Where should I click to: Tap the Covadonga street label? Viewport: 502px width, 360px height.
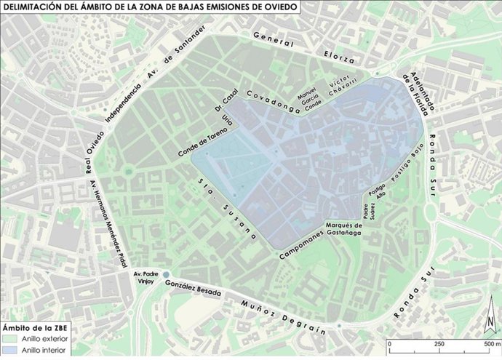click(274, 103)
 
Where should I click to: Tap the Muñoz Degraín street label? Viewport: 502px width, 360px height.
click(283, 316)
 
